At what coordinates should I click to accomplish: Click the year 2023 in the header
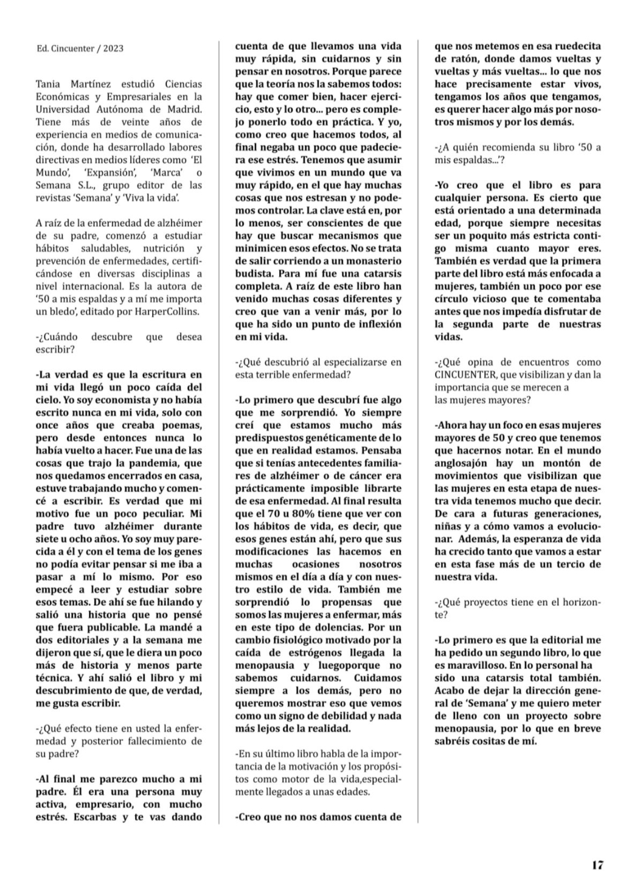click(x=113, y=49)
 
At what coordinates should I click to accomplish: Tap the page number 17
click(x=597, y=864)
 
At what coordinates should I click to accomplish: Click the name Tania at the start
click(x=48, y=84)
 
